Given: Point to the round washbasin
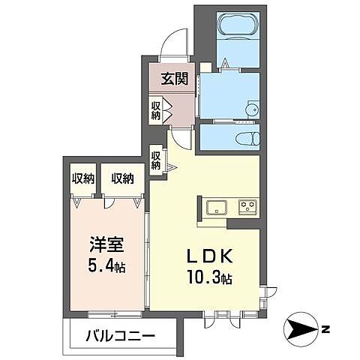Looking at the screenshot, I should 250,109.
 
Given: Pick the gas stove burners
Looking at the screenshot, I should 247,206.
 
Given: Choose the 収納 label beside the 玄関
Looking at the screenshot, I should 156,110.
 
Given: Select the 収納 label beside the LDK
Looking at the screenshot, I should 156,160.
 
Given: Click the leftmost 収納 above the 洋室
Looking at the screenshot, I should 83,178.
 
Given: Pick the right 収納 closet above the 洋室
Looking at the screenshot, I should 123,178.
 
